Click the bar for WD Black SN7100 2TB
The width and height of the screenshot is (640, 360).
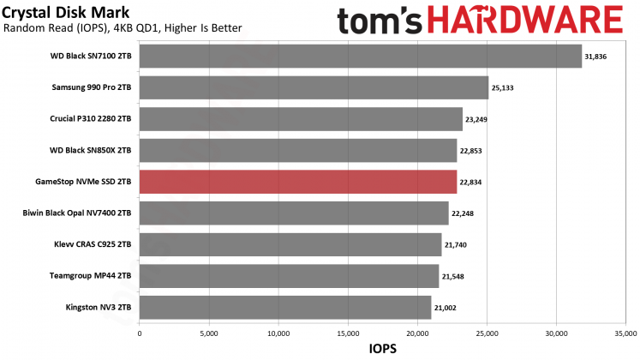coord(360,57)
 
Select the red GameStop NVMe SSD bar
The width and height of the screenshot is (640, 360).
coord(297,182)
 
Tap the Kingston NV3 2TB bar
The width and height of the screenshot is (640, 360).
coord(284,308)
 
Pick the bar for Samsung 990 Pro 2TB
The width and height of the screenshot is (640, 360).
coord(314,87)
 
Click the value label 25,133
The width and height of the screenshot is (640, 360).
coord(502,88)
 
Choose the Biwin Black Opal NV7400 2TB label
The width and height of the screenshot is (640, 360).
coord(76,213)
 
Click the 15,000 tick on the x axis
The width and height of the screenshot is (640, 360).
coord(347,332)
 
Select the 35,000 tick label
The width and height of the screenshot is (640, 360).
coord(625,332)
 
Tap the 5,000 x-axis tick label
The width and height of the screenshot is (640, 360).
coord(208,332)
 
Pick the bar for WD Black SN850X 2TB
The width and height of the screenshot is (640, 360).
coord(297,151)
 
